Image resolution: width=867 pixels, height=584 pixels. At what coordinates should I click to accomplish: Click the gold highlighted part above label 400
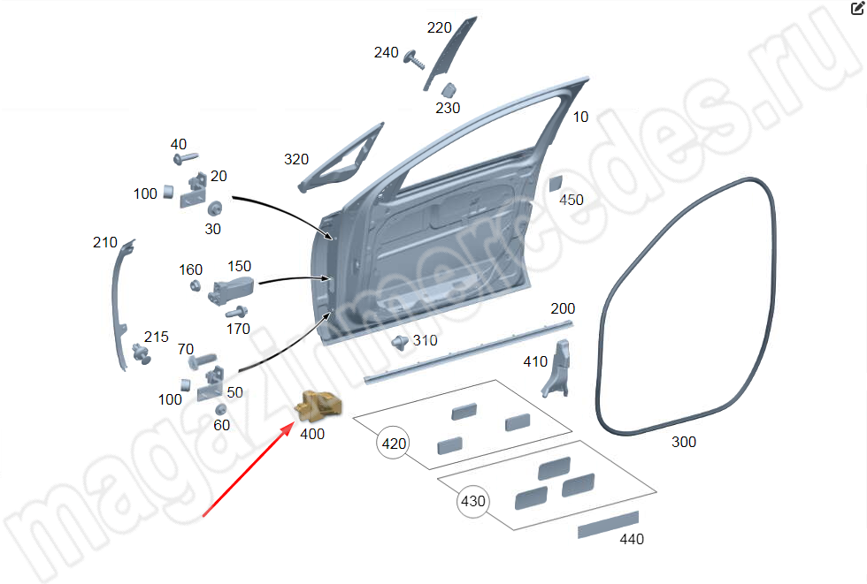coord(318,406)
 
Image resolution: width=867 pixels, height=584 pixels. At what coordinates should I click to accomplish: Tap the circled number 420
coord(393,444)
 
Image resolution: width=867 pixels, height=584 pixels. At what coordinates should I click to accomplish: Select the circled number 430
coord(473,501)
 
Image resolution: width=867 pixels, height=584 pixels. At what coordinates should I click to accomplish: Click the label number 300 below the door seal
coord(683,442)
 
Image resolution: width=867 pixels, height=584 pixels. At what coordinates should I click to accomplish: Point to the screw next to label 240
coord(414,59)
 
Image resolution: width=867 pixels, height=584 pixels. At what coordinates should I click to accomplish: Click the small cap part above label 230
coord(449,89)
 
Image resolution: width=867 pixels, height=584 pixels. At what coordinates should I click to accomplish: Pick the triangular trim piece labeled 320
coord(341,158)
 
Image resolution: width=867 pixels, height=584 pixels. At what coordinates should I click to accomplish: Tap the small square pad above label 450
coord(556,183)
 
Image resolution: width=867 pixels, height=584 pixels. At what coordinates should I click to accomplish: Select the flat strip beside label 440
coord(609,525)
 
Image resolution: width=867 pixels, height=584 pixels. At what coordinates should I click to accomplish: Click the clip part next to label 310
coord(400,342)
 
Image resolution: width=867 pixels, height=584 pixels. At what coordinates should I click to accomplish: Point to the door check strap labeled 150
coord(231,291)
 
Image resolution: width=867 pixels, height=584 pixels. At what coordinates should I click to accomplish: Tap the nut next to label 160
coord(195,286)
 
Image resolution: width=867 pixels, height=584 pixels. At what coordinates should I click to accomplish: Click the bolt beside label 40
coord(186,158)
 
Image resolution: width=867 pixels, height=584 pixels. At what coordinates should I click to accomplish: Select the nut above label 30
coord(214,209)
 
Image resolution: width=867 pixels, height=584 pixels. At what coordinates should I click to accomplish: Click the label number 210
coord(104,242)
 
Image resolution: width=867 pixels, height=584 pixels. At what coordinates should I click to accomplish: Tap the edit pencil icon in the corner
coord(857,8)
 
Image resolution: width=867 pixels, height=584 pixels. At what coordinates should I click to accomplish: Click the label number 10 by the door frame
coord(580,117)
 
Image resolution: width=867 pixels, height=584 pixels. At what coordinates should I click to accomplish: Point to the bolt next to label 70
coord(202,360)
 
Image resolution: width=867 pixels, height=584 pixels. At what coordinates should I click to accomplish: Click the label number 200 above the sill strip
coord(563,308)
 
